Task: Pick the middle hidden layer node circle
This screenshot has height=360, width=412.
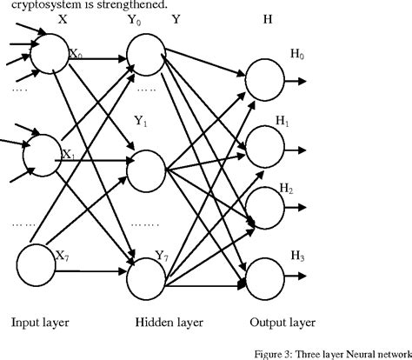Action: click(x=144, y=161)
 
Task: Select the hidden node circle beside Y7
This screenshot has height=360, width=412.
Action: click(x=144, y=277)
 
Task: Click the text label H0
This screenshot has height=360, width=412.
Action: click(x=297, y=55)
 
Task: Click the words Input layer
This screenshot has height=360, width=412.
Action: click(x=41, y=323)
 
